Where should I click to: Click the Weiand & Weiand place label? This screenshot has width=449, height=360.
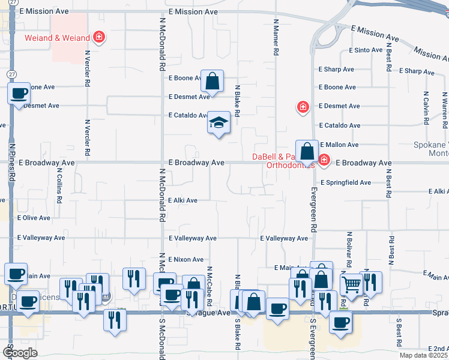tap(58, 38)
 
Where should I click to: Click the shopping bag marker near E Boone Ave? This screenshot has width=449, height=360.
tap(212, 80)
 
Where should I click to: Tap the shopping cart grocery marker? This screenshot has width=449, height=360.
tap(351, 284)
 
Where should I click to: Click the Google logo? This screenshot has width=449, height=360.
tap(20, 353)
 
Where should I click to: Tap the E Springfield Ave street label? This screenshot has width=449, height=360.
tap(354, 182)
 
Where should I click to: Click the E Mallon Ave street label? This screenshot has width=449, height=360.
tap(339, 145)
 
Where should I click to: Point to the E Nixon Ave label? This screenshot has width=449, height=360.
tap(186, 259)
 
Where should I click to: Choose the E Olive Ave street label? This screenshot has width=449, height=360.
tap(34, 218)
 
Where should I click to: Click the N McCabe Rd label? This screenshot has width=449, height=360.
tap(210, 285)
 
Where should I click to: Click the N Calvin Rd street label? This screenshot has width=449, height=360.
tap(426, 107)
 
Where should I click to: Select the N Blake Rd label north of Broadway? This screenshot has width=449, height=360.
tap(238, 100)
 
